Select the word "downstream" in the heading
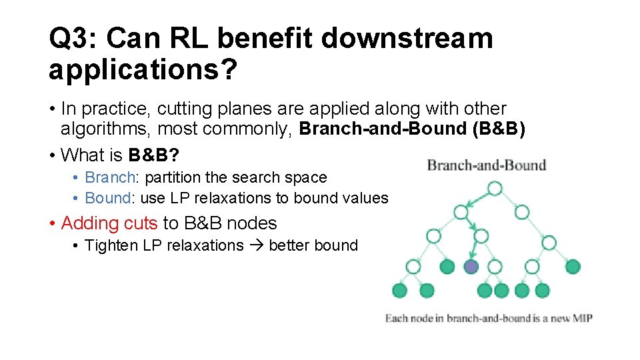[407, 39]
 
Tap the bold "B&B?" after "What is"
[153, 155]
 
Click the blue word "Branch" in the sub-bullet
[110, 178]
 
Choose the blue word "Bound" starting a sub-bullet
[108, 198]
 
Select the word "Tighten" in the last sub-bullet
[111, 245]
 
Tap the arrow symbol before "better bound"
[256, 245]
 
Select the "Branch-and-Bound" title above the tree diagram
[486, 165]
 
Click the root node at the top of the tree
[494, 189]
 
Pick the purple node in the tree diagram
[471, 267]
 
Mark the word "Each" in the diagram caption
[396, 319]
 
